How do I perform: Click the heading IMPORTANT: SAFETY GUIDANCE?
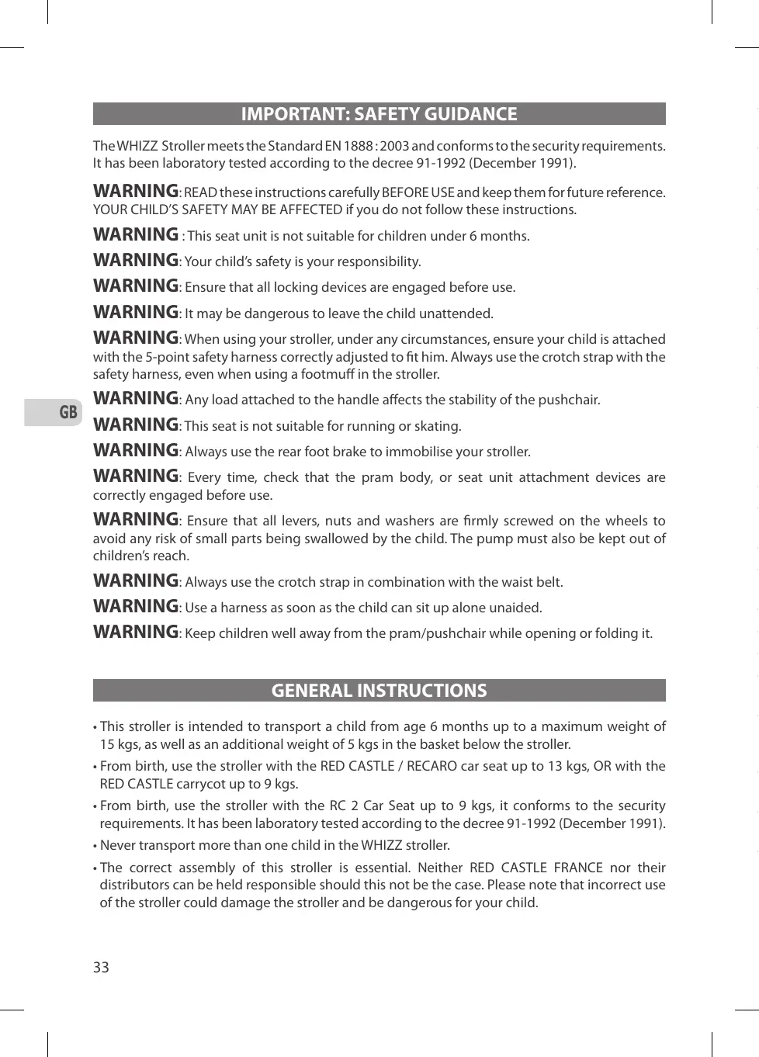pyautogui.click(x=379, y=114)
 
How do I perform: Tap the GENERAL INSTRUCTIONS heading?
pyautogui.click(x=379, y=691)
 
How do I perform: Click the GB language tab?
pyautogui.click(x=68, y=412)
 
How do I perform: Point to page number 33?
pyautogui.click(x=101, y=967)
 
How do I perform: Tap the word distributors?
pyautogui.click(x=136, y=885)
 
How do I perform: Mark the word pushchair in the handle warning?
pyautogui.click(x=570, y=400)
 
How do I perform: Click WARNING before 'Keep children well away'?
pyautogui.click(x=136, y=632)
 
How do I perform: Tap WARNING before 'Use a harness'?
pyautogui.click(x=136, y=606)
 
